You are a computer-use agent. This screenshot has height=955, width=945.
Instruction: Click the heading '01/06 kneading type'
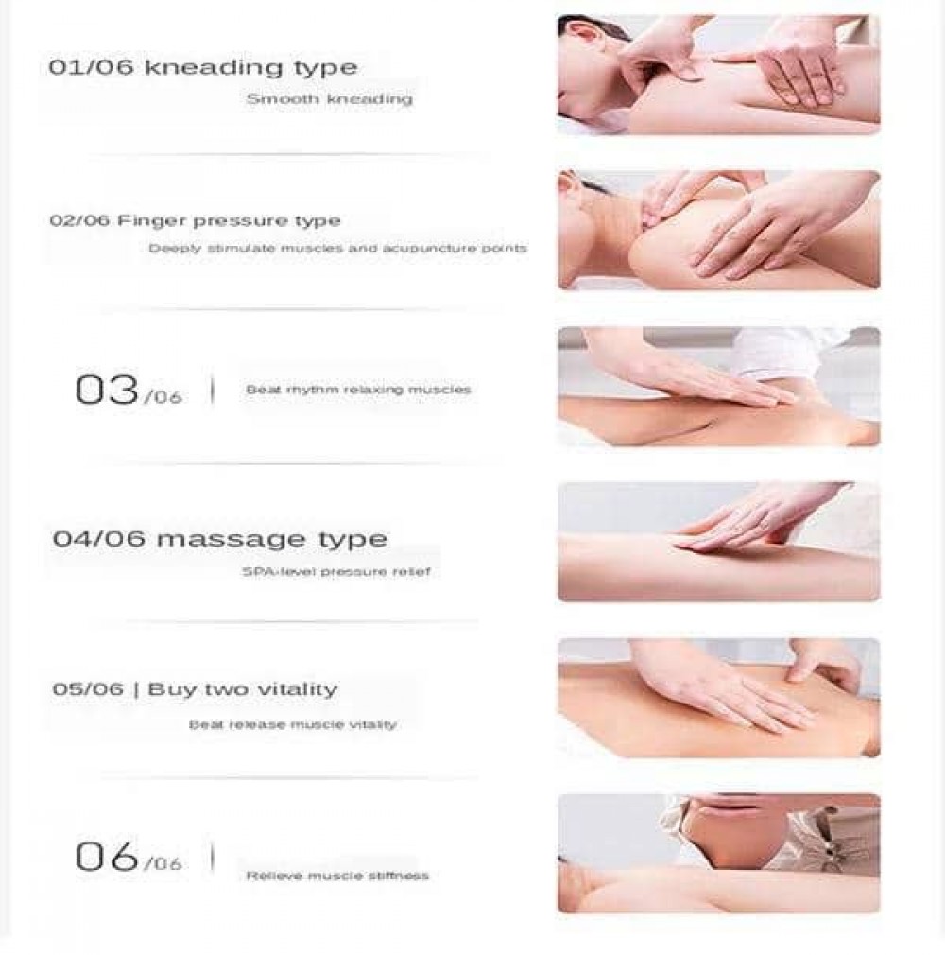point(203,67)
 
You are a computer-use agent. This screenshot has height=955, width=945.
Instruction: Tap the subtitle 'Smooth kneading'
point(330,98)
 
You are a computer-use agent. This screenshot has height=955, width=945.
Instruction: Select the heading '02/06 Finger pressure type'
point(195,221)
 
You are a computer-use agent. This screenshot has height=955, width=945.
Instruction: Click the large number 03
point(107,390)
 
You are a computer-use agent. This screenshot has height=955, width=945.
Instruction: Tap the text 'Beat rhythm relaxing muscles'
point(358,390)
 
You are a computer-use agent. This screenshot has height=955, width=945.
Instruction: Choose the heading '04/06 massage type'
point(220,540)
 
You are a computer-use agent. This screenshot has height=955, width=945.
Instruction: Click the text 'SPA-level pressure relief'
point(336,572)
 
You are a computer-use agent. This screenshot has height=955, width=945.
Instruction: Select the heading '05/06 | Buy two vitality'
point(195,689)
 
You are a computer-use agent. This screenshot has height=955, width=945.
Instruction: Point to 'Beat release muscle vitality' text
point(293,725)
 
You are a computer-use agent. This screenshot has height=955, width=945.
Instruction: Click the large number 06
point(107,857)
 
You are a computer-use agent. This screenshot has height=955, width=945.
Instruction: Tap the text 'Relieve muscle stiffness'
point(337,876)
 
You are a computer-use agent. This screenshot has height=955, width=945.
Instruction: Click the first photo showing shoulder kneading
point(718,75)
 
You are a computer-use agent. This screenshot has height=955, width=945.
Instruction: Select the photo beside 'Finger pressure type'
point(718,230)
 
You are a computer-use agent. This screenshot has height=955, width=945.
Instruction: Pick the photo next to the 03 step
point(718,386)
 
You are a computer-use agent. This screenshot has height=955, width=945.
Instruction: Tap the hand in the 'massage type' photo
point(761,521)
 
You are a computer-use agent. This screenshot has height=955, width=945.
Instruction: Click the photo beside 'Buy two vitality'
point(718,698)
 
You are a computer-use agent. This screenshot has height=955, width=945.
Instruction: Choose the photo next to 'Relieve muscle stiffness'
point(718,853)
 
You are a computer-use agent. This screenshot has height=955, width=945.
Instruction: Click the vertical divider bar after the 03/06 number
point(212,390)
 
